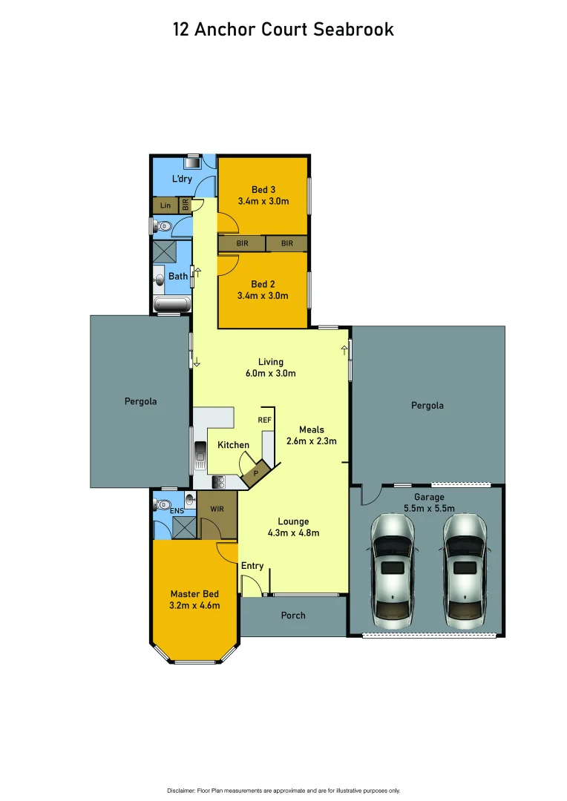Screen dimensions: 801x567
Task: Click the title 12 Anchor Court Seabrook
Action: click(283, 30)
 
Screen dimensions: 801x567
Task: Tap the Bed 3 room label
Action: click(263, 190)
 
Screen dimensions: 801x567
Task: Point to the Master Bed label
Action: click(194, 594)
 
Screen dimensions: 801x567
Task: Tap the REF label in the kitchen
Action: click(264, 420)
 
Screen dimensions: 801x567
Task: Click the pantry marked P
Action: click(255, 472)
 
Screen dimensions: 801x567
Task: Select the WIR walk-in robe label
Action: click(217, 510)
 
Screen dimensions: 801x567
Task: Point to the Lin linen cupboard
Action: click(165, 205)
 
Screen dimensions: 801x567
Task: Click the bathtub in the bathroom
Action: click(171, 303)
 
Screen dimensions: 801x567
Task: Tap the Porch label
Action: click(293, 616)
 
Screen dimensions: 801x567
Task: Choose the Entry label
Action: click(252, 566)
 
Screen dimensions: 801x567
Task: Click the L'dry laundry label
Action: click(182, 179)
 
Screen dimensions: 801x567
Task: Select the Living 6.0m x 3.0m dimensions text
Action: click(271, 373)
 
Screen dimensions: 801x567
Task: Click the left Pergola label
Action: click(140, 401)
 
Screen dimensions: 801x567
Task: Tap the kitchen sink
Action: click(200, 452)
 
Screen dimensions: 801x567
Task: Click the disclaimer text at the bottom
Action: click(283, 791)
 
